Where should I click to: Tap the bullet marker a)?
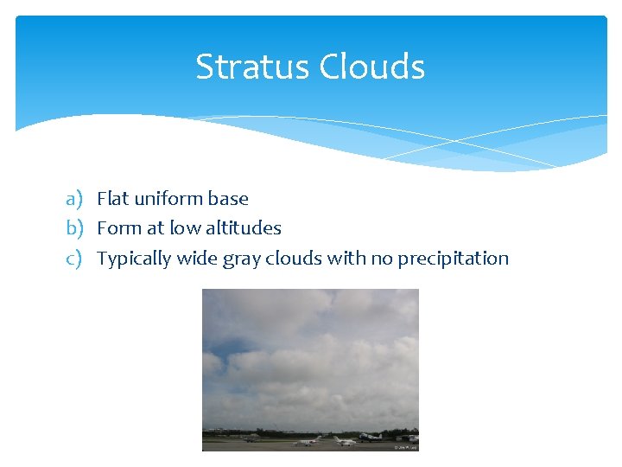(73, 199)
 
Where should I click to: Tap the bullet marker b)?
(73, 228)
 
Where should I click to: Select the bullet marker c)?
(73, 259)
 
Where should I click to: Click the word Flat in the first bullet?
(112, 199)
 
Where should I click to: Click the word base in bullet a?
(230, 199)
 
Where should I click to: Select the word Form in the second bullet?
(117, 228)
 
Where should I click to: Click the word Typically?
(134, 259)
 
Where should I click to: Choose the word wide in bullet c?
(197, 259)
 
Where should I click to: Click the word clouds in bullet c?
(291, 259)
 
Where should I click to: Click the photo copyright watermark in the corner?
(405, 447)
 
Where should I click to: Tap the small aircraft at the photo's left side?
(250, 438)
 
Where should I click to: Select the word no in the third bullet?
(381, 259)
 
